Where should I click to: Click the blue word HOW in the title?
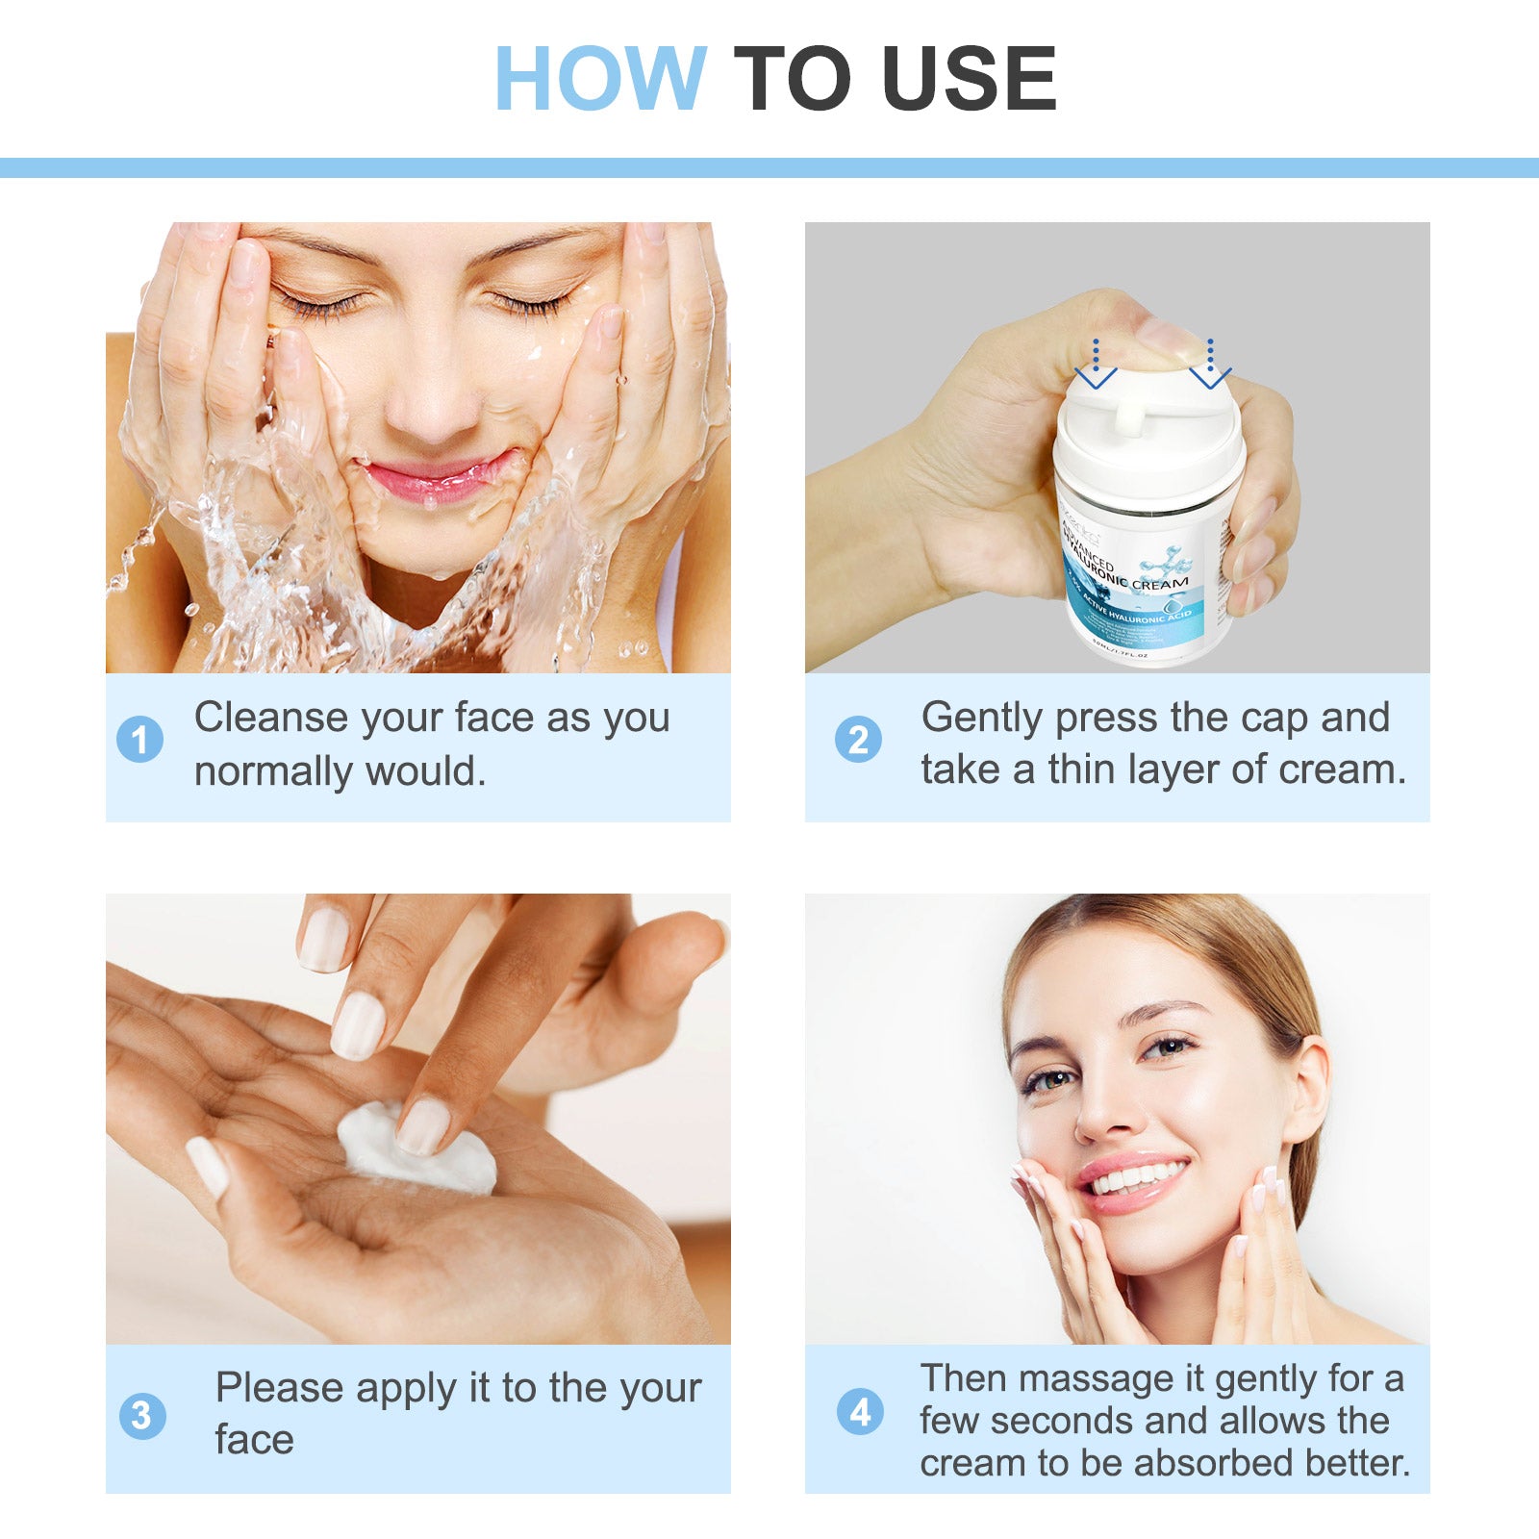click(600, 79)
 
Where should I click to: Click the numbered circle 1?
click(140, 740)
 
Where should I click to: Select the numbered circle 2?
click(858, 740)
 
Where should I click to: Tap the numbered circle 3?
click(141, 1416)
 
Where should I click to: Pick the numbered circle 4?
click(859, 1412)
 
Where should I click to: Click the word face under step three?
click(254, 1440)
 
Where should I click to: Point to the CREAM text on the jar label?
click(1160, 583)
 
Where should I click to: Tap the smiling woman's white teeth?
click(1138, 1177)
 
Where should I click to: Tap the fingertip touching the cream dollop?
click(423, 1126)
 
